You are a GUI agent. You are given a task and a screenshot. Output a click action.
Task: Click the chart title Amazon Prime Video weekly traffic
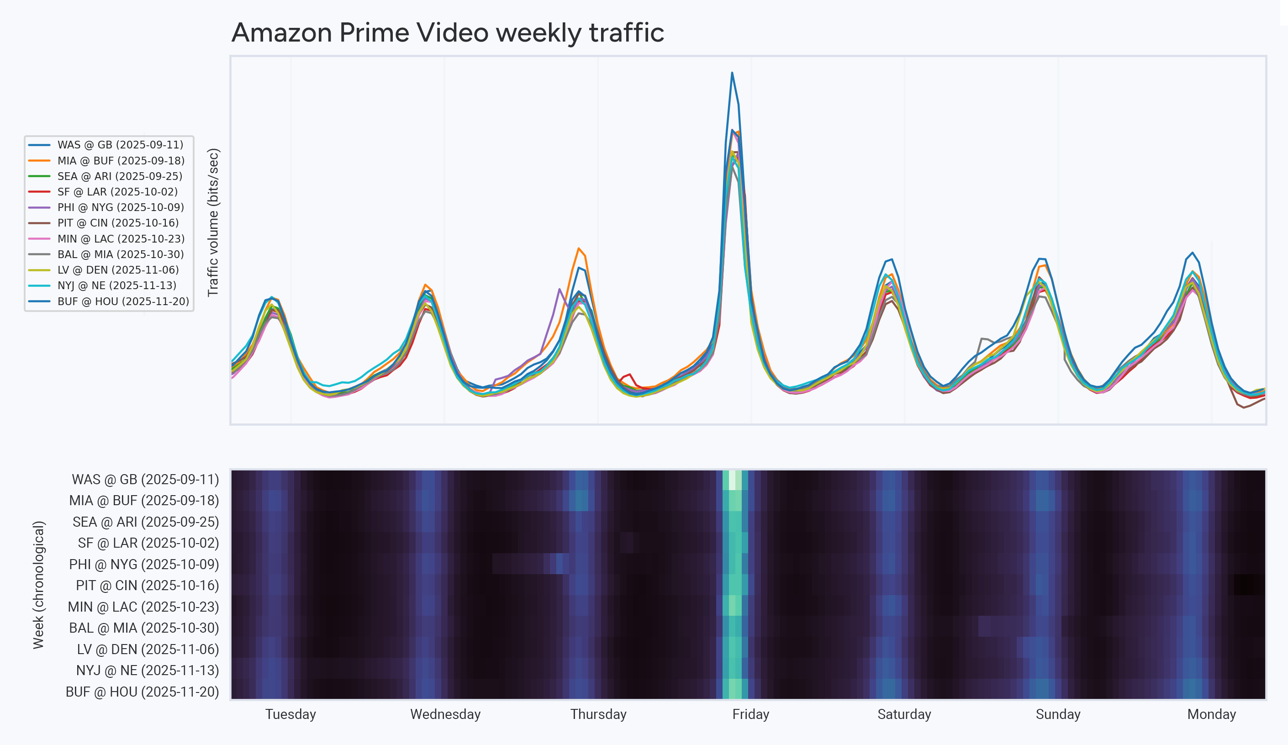[x=447, y=33]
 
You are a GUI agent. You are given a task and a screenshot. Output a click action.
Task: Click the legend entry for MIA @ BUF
[x=121, y=160]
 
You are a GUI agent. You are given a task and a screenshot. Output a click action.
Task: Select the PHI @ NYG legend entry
[x=121, y=207]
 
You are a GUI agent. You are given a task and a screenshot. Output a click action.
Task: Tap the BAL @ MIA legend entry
[x=121, y=254]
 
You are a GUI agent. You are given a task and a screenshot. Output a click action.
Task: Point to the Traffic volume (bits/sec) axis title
[x=213, y=222]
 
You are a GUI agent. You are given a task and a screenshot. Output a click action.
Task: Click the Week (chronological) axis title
[x=39, y=585]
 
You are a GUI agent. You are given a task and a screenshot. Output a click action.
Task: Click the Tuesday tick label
[x=290, y=714]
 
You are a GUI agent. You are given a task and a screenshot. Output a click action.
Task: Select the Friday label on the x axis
[x=750, y=714]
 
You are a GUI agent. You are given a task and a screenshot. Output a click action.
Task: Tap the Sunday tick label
[x=1058, y=714]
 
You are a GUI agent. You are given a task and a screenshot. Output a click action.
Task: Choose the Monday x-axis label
[x=1211, y=714]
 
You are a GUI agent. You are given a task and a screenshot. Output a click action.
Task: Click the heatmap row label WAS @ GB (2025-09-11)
[x=145, y=480]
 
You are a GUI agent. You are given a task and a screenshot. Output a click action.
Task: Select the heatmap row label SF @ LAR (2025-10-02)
[x=148, y=543]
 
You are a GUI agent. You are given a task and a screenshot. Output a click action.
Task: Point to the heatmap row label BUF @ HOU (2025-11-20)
[x=142, y=692]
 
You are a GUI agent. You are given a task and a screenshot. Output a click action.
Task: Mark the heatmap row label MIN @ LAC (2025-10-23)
[x=143, y=607]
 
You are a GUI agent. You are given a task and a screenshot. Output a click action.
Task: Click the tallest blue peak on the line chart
[x=732, y=73]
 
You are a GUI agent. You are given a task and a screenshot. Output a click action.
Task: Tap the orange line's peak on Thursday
[x=578, y=248]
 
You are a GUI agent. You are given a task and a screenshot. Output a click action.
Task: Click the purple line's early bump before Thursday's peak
[x=560, y=290]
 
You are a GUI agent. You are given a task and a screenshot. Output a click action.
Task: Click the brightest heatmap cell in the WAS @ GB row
[x=732, y=480]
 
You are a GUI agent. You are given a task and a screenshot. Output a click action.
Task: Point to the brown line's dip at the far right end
[x=1244, y=407]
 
